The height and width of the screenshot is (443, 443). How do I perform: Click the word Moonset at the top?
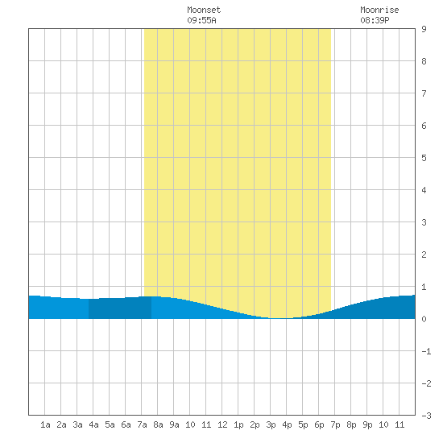click(204, 10)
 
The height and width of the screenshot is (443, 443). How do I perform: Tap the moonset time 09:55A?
click(201, 20)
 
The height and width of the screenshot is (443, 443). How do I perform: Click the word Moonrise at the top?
click(379, 10)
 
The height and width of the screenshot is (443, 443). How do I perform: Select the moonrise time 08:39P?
click(375, 20)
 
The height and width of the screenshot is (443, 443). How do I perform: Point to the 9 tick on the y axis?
click(424, 29)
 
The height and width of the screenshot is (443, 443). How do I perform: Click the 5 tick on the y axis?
click(424, 158)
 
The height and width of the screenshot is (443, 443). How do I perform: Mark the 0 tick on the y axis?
click(424, 319)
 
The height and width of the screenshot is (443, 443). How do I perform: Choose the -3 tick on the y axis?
click(426, 416)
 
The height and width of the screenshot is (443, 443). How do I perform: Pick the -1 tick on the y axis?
click(426, 351)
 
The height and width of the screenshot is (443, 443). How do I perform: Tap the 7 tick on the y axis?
click(424, 93)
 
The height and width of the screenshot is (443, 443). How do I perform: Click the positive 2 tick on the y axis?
click(424, 255)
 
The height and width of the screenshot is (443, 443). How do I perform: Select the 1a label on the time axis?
click(45, 424)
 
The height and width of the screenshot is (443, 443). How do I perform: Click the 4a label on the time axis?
click(93, 424)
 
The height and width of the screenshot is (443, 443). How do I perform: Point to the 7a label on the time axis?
click(142, 424)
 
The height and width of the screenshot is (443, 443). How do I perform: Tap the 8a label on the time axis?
click(158, 424)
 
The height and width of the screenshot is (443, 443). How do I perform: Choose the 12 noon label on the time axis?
click(222, 424)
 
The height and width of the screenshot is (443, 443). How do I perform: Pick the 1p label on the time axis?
click(238, 424)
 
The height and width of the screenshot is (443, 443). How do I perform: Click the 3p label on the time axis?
click(271, 424)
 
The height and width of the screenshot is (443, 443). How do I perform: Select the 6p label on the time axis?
click(319, 424)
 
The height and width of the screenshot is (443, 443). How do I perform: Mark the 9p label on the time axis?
click(367, 424)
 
